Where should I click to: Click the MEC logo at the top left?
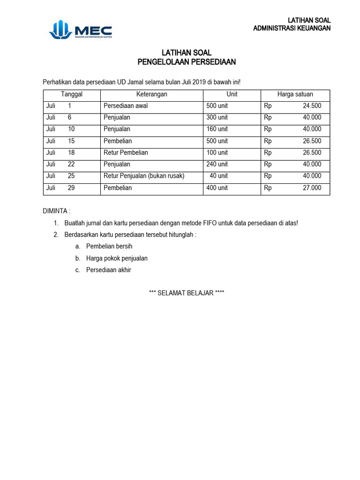(x=80, y=30)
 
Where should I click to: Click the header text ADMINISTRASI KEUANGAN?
(x=292, y=28)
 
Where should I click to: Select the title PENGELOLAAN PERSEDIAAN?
(x=187, y=61)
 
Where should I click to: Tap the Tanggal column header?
(x=72, y=94)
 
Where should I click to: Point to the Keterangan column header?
(x=152, y=94)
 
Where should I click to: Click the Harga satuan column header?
(x=295, y=94)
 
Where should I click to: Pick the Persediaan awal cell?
(x=125, y=106)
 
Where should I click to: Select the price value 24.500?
(x=312, y=106)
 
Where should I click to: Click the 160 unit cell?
(x=217, y=129)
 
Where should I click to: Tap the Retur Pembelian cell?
(x=126, y=153)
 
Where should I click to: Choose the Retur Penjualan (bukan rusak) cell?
(x=144, y=176)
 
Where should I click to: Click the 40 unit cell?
(x=218, y=176)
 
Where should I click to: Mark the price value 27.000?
(x=312, y=188)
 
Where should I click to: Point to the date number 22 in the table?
(x=70, y=165)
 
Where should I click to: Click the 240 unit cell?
(x=217, y=165)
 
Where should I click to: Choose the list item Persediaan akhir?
(x=109, y=270)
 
